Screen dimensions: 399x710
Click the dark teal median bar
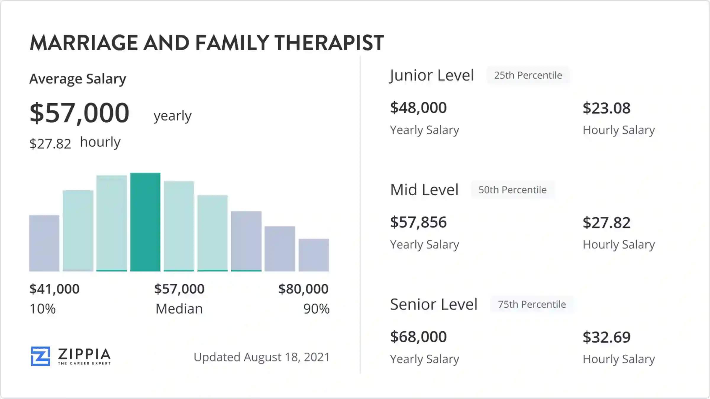click(x=145, y=222)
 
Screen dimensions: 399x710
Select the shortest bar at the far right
click(x=314, y=255)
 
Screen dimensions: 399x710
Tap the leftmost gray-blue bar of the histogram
click(x=44, y=243)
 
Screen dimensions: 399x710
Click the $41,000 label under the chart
click(x=54, y=289)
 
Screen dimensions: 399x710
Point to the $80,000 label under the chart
click(x=303, y=289)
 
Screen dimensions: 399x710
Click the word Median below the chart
click(x=179, y=309)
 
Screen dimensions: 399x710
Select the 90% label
click(x=316, y=309)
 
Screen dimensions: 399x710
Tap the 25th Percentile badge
click(x=528, y=75)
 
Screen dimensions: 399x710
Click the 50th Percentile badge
click(x=513, y=190)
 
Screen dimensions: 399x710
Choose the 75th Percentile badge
click(x=532, y=304)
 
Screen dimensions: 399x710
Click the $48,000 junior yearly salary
click(x=418, y=108)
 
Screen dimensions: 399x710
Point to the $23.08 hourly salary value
click(x=606, y=108)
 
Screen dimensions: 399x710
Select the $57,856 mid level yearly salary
click(x=418, y=222)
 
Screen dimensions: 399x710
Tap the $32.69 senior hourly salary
click(x=606, y=337)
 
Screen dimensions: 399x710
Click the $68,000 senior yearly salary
click(x=418, y=337)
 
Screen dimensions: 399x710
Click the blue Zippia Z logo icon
click(x=41, y=356)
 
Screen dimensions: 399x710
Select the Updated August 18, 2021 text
click(x=262, y=357)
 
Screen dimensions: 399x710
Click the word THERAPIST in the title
click(x=329, y=43)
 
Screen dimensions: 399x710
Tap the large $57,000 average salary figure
click(x=80, y=113)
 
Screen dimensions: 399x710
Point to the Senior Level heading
click(x=434, y=304)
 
